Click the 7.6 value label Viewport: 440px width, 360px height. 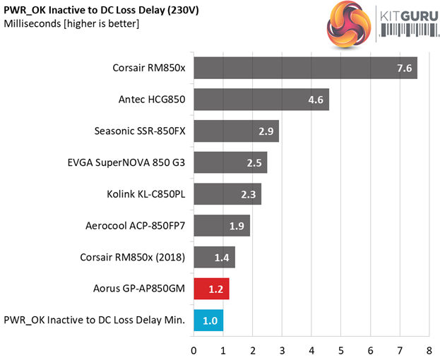404,69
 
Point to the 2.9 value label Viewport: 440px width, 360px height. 266,131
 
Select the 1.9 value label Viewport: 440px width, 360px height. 237,226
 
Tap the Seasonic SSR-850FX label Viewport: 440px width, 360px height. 140,131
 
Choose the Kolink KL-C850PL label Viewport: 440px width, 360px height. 145,194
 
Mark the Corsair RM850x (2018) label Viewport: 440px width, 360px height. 133,258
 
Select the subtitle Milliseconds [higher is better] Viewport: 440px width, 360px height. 71,24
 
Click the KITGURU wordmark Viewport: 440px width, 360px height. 405,16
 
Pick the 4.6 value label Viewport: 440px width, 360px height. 316,100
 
